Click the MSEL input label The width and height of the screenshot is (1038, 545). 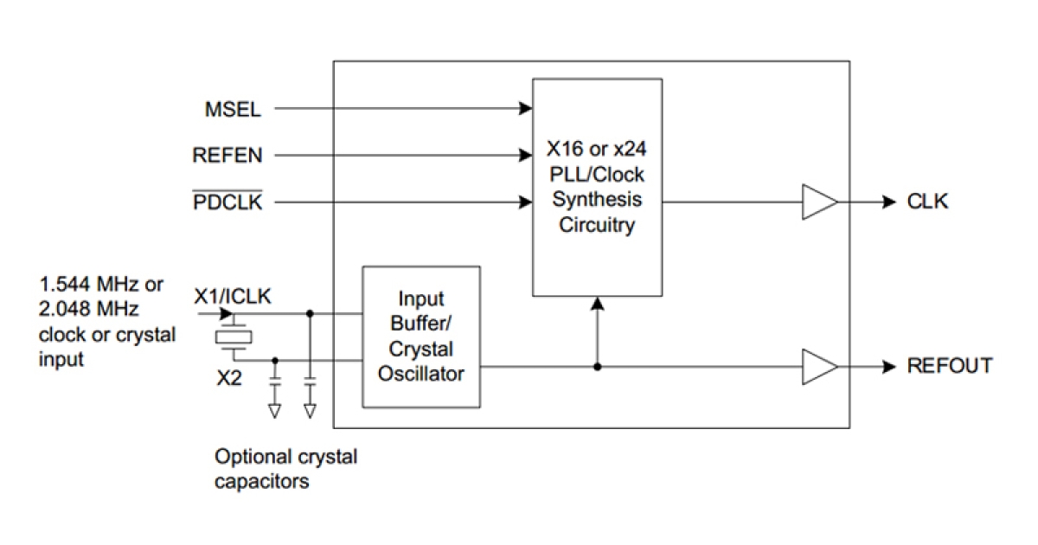(x=232, y=109)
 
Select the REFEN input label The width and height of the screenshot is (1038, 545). (x=227, y=156)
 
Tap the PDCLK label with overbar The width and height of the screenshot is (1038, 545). (x=227, y=202)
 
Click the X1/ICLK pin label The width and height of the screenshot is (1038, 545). (x=233, y=297)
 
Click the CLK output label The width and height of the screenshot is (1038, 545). (x=927, y=202)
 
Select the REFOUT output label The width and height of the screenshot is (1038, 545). (x=949, y=366)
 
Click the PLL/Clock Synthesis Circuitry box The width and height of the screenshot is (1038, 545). (x=597, y=187)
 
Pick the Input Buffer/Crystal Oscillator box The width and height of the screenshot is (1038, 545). (x=421, y=337)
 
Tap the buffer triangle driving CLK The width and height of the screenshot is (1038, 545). (x=817, y=202)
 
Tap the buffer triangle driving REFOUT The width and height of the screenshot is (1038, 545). (x=817, y=366)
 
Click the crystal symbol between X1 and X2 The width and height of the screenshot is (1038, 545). (x=233, y=337)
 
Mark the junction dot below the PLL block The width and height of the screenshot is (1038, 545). (x=597, y=366)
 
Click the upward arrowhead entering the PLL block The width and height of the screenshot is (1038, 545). (x=597, y=304)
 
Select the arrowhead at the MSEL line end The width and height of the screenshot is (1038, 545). (x=526, y=109)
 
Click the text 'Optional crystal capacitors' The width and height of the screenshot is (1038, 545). (x=285, y=469)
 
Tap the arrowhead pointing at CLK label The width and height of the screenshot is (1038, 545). (x=888, y=202)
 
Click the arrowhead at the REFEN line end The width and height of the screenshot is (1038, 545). (x=526, y=156)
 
